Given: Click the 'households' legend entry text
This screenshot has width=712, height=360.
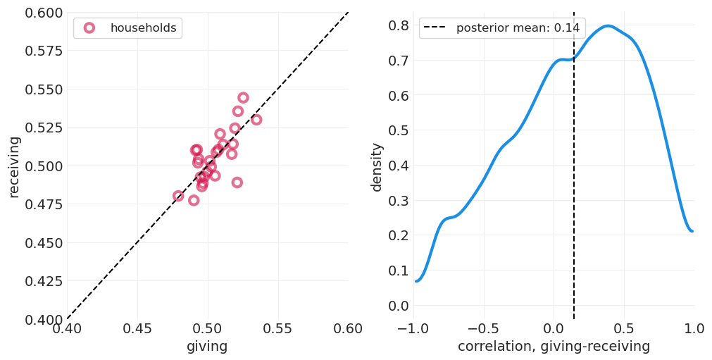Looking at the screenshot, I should click(143, 28).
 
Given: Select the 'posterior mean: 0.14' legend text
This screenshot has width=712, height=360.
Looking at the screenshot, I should click(518, 28).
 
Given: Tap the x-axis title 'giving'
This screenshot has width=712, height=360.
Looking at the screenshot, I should click(207, 347).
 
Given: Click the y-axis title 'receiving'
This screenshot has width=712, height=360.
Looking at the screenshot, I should click(14, 166).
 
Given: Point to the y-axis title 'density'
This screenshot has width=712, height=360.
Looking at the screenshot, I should click(377, 166).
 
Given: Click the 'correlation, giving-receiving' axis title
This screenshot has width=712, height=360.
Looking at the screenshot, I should click(554, 347).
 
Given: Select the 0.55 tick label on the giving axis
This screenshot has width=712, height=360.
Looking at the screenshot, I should click(277, 329).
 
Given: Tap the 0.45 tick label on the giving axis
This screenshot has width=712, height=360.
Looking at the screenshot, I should click(137, 329).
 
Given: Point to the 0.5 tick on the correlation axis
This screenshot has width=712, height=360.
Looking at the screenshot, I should click(624, 329).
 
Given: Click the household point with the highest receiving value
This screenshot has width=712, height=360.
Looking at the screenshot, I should click(243, 98).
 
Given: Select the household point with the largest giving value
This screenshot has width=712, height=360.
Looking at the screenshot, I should click(256, 120).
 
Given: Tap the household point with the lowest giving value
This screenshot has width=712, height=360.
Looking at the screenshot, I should click(178, 196).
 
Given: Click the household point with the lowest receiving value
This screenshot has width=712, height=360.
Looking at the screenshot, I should click(194, 200).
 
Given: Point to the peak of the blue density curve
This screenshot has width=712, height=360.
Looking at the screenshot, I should click(608, 26).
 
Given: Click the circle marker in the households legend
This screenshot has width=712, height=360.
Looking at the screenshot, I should click(89, 28).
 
